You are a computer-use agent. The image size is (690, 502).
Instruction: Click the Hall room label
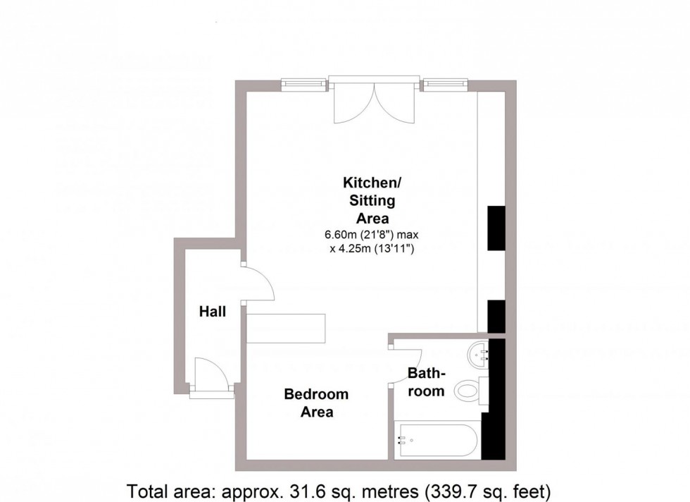coord(212,311)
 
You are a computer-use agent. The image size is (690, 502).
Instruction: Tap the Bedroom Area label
coord(316,403)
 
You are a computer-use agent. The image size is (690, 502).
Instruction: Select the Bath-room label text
coord(427,381)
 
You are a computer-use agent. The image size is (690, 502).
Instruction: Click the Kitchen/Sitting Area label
coord(371,200)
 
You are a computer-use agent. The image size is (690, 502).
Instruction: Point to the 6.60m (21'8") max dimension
coord(371,234)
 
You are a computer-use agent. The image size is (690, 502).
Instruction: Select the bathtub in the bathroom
coord(437,441)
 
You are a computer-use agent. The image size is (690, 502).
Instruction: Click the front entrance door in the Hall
coord(210,376)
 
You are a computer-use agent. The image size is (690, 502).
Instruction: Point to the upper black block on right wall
coord(496,228)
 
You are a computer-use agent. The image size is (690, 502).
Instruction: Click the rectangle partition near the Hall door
coord(285,328)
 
